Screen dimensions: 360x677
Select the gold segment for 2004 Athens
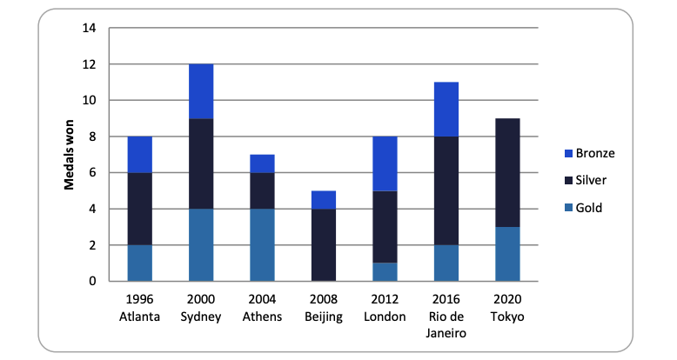coord(263,244)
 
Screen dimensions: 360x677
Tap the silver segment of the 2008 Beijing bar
coord(324,244)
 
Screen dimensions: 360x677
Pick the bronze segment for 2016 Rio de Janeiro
coord(446,109)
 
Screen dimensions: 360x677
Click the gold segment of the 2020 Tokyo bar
coord(507,253)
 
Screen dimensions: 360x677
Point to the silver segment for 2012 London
coord(385,226)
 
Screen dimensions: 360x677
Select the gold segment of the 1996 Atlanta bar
coord(140,263)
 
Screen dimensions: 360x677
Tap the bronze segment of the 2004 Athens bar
coord(263,163)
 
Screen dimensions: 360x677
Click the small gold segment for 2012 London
coord(385,271)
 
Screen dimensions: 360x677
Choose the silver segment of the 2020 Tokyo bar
coord(507,172)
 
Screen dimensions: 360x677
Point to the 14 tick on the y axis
coord(89,28)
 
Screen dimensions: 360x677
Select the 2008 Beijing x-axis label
coord(324,308)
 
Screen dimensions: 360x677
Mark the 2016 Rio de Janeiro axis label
coord(446,316)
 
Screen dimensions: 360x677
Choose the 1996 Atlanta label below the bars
coord(140,308)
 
